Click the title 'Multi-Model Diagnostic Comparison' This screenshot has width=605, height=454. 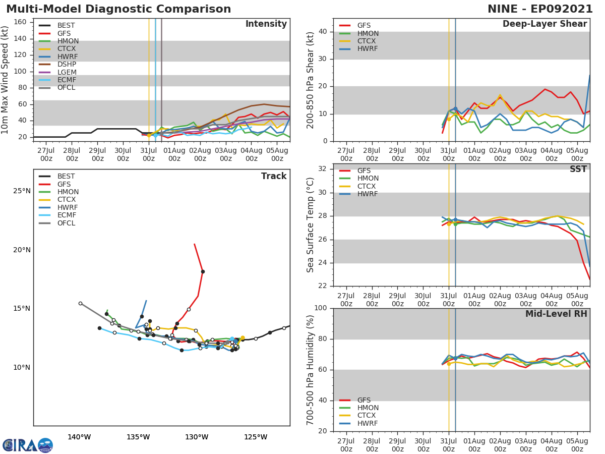coord(118,9)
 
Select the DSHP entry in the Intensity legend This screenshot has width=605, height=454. coord(67,65)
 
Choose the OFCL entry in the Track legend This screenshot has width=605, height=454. coord(66,223)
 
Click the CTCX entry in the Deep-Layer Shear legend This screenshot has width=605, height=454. coord(368,41)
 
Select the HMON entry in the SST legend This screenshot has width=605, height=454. coord(368,179)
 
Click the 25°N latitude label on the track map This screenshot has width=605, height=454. coord(22,191)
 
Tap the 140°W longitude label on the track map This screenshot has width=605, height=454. coord(79,437)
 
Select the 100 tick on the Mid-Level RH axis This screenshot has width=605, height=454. coord(320,308)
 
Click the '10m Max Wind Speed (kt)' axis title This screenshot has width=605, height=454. coord(6,79)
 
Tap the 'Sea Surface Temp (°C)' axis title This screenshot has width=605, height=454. coord(311,225)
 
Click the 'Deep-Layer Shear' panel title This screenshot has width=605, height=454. coord(544,24)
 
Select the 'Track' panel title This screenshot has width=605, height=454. coord(274,176)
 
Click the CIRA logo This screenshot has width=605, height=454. coord(28,445)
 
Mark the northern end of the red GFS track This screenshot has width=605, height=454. coord(194,244)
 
